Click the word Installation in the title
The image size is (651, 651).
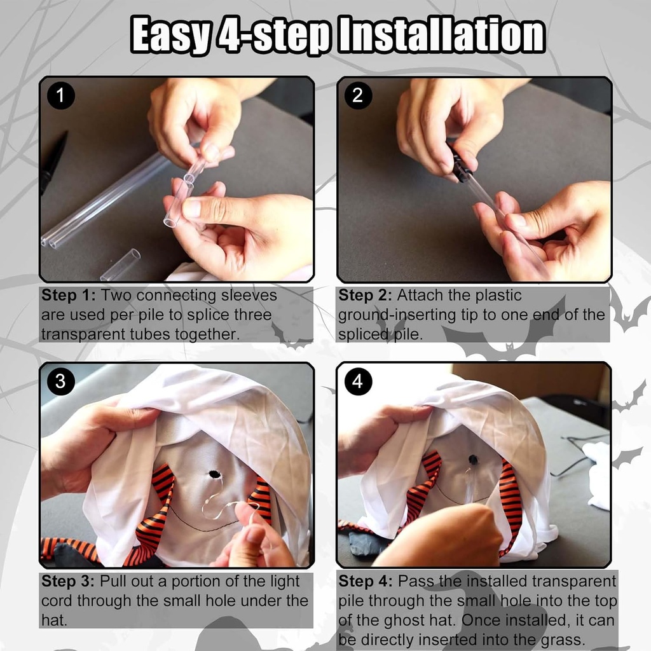click(x=442, y=34)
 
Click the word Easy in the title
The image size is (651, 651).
click(x=172, y=36)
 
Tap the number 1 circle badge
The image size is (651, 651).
click(x=60, y=95)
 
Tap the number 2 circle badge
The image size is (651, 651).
click(x=358, y=95)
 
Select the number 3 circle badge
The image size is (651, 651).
click(x=60, y=381)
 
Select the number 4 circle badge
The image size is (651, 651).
click(x=358, y=381)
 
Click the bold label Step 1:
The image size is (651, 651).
click(x=69, y=295)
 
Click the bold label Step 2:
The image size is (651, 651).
click(x=365, y=295)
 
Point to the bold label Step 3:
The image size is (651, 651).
click(x=69, y=581)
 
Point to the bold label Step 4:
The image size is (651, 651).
click(x=366, y=581)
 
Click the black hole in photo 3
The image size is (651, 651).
click(x=214, y=474)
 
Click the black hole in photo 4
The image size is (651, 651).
click(x=473, y=459)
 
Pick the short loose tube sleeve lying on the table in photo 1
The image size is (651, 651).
click(x=121, y=264)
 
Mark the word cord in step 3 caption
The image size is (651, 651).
click(x=57, y=601)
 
